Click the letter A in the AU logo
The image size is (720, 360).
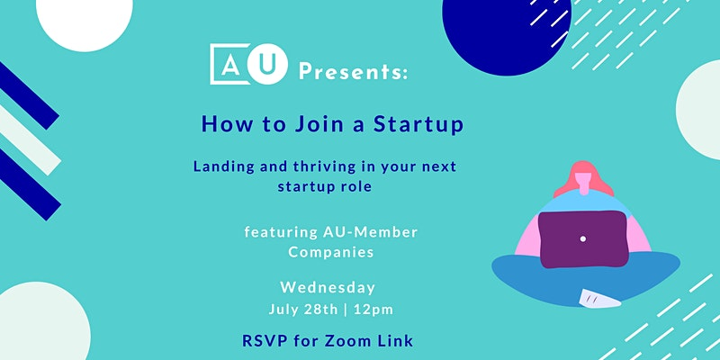point(229,67)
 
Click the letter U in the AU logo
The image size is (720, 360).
point(267,65)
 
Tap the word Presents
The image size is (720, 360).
point(353,72)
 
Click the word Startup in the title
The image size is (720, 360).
point(418,125)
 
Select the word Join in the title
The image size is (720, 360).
point(320,124)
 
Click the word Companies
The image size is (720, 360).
point(331,252)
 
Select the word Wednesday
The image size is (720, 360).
point(328,288)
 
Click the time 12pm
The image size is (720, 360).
point(373,309)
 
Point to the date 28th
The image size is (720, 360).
point(320,309)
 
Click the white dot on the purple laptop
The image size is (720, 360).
point(583,238)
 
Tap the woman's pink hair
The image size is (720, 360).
point(583,175)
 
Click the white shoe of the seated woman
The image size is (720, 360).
point(599,299)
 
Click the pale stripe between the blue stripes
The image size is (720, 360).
point(29,140)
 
